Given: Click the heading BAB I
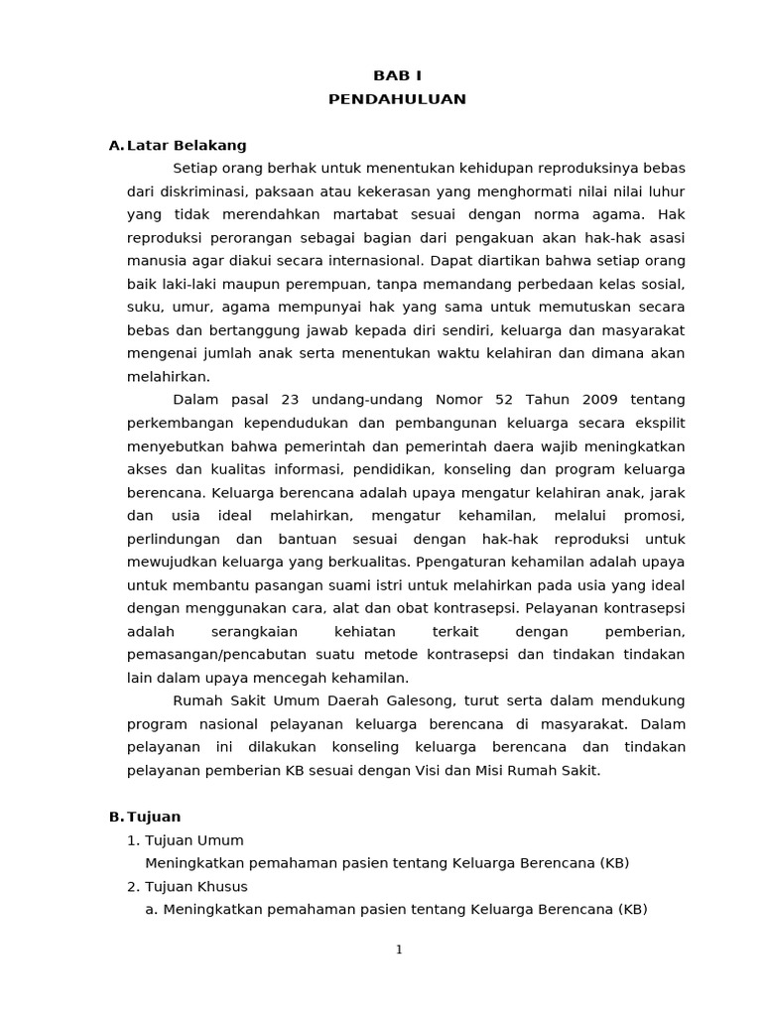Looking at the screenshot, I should [397, 76].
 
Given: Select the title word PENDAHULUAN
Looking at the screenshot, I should [397, 99].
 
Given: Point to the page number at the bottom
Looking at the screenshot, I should [399, 950].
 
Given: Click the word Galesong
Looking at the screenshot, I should [417, 700].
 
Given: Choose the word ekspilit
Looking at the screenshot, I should [656, 423].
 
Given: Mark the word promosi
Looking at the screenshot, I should [656, 516].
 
